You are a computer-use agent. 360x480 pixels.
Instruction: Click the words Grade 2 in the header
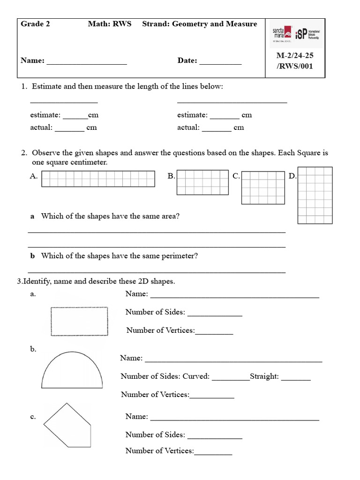(x=35, y=24)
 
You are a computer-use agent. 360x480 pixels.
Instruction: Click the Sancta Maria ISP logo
(x=295, y=34)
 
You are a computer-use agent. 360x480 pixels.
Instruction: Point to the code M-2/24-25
(x=295, y=55)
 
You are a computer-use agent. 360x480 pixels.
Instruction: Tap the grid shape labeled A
(x=98, y=179)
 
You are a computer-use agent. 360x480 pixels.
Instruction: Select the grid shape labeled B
(x=202, y=182)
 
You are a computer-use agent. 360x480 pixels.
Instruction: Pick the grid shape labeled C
(x=260, y=187)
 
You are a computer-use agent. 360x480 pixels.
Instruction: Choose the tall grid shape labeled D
(x=315, y=195)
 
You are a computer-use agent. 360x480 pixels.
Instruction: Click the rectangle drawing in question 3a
(x=79, y=322)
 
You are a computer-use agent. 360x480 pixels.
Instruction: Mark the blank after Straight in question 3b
(x=296, y=379)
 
